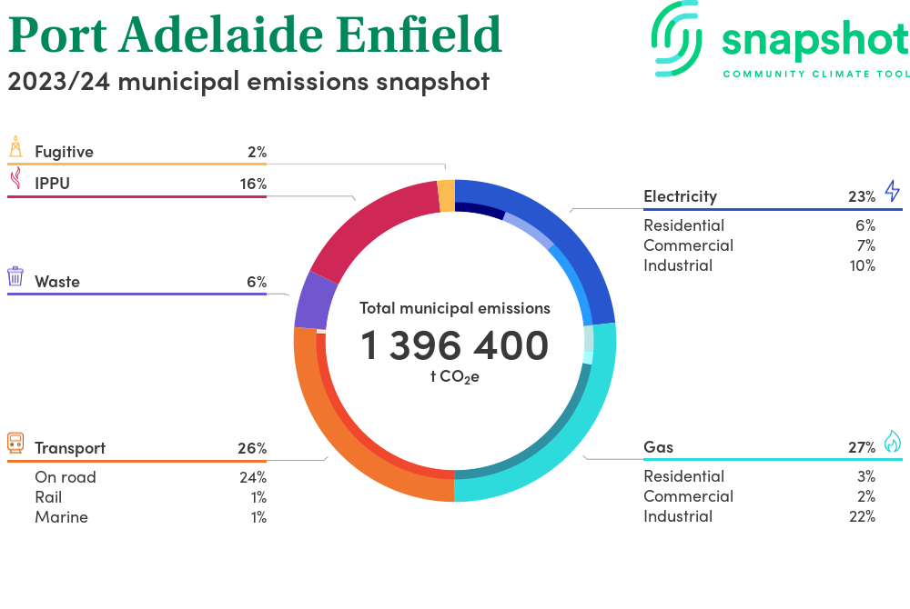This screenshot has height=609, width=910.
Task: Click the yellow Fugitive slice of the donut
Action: (446, 195)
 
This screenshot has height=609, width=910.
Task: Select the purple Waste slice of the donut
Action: (311, 301)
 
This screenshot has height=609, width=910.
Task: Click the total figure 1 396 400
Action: (454, 345)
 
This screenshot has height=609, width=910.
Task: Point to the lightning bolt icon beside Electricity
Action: (892, 191)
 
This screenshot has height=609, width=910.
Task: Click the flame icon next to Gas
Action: (892, 442)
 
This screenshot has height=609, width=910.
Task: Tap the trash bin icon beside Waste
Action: (15, 276)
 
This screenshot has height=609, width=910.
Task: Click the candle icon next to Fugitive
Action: (15, 147)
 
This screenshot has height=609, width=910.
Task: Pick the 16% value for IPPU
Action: (253, 184)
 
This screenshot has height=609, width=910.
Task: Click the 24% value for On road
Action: (253, 477)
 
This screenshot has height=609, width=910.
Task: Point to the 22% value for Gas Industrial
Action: (862, 516)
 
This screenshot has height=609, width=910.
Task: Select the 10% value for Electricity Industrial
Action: (862, 265)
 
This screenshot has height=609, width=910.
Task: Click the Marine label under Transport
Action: (61, 517)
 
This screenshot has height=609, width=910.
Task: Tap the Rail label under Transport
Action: (48, 497)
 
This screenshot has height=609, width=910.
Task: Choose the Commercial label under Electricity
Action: (688, 245)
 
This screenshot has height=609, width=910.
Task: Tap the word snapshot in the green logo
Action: (815, 41)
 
